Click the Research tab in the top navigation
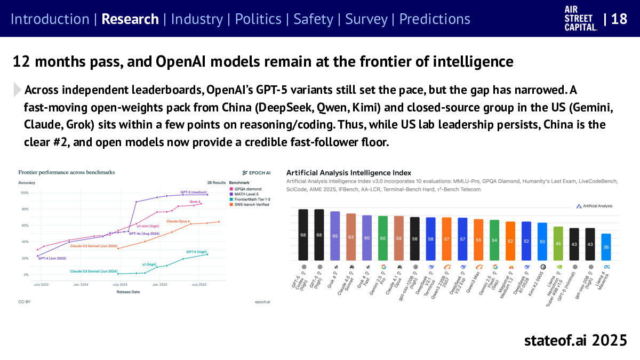130,19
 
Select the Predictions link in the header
435,19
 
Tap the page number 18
619,19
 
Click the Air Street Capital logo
580,19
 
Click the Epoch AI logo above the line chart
257,172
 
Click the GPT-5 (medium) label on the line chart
193,192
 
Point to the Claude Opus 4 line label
178,221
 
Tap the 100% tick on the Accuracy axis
23,193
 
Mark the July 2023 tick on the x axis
41,285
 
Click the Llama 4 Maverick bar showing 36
606,247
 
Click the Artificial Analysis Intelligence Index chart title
349,173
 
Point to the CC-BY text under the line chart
24,302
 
